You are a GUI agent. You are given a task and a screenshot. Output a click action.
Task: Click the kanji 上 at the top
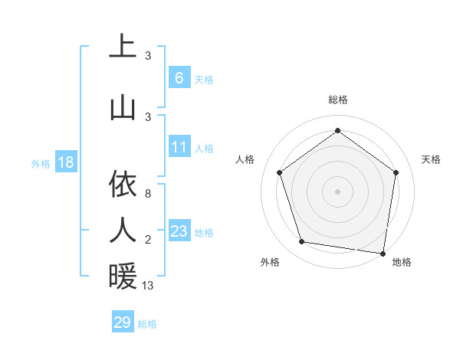click(x=123, y=45)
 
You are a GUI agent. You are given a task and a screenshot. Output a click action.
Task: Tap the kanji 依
click(x=123, y=183)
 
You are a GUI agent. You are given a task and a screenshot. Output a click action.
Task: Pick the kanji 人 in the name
click(x=123, y=229)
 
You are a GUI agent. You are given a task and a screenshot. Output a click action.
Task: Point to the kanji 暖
click(x=123, y=276)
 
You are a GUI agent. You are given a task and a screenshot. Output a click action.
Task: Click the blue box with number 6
click(x=179, y=78)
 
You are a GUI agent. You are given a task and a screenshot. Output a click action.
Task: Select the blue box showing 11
click(x=179, y=147)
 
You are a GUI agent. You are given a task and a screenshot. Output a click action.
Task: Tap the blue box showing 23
click(x=179, y=231)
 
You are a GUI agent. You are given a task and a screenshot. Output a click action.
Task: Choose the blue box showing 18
click(x=65, y=162)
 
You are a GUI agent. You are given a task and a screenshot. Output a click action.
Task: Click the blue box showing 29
click(x=123, y=322)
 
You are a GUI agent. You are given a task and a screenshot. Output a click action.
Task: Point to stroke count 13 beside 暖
click(x=148, y=286)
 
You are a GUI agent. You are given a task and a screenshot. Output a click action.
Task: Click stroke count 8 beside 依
click(x=148, y=194)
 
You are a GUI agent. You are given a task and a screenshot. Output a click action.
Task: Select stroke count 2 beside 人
click(x=148, y=241)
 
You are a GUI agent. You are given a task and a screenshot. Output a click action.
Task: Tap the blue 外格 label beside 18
click(x=41, y=163)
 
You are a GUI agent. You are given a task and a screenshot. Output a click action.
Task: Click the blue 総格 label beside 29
click(x=147, y=324)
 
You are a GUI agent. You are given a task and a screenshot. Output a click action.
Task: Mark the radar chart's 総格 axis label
click(x=337, y=100)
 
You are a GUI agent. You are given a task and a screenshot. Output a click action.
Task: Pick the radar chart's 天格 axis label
click(x=431, y=159)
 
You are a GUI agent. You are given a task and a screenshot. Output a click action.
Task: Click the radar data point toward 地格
click(x=383, y=253)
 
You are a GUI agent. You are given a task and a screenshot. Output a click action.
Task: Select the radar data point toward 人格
click(x=279, y=173)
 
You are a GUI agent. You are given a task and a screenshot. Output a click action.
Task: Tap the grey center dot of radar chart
click(x=337, y=191)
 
